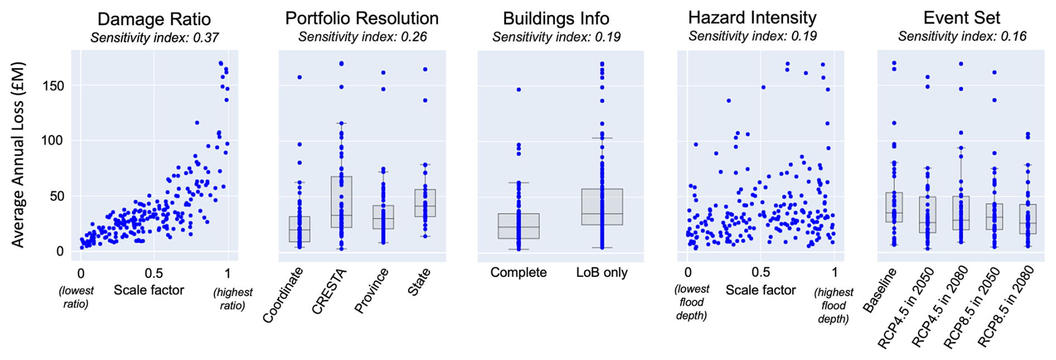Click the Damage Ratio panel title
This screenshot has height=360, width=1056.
(x=154, y=19)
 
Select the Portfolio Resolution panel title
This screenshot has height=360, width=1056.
(x=362, y=18)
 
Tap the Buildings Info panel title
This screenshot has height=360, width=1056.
(x=556, y=18)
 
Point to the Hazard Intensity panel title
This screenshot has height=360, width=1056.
(x=752, y=17)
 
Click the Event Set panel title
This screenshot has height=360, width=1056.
(x=962, y=17)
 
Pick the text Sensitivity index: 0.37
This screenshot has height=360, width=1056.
(x=155, y=38)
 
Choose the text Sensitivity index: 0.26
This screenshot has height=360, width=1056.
(x=362, y=37)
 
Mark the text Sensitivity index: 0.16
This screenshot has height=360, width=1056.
(x=962, y=36)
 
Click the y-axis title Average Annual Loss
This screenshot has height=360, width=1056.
(x=18, y=154)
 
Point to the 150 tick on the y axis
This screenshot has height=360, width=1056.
(x=52, y=86)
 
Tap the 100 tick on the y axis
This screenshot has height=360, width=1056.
(x=52, y=141)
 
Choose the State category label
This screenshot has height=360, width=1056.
(x=419, y=282)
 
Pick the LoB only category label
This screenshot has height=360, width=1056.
(x=602, y=272)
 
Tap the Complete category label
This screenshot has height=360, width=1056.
(x=519, y=272)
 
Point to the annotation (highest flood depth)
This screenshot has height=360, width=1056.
(x=833, y=305)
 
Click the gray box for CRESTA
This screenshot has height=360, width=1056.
(x=342, y=202)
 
